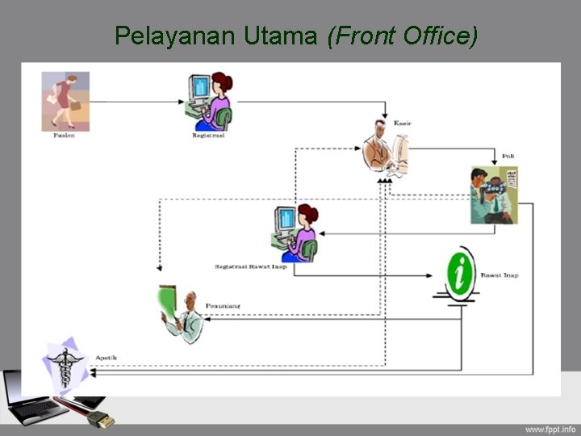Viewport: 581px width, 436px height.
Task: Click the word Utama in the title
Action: click(272, 36)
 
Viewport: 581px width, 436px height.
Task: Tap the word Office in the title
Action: click(437, 36)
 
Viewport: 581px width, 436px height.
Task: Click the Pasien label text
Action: click(65, 136)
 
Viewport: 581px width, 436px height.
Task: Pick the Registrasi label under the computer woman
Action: click(208, 136)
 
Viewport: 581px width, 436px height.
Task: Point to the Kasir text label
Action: click(403, 122)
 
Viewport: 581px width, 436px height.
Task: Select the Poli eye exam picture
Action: click(493, 195)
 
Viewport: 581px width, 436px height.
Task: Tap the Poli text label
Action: click(508, 155)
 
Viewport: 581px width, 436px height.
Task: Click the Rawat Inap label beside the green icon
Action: click(499, 275)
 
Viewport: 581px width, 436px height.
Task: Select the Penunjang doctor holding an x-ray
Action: click(182, 314)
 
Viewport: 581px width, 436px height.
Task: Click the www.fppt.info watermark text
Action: click(550, 428)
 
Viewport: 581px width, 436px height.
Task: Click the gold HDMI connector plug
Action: click(101, 419)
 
